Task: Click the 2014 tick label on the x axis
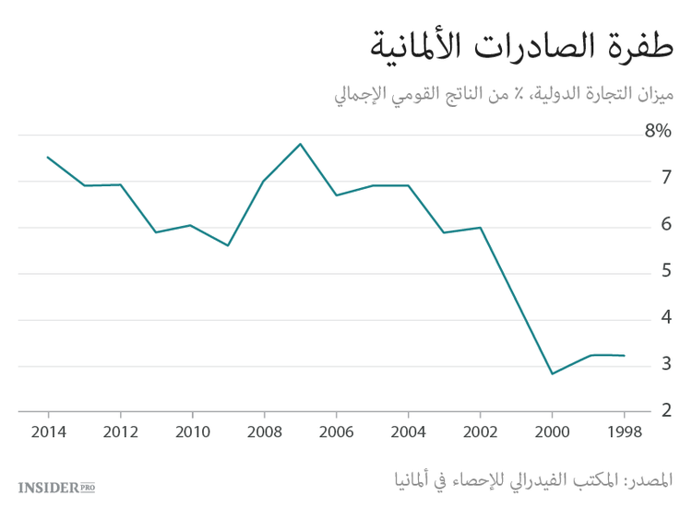click(x=48, y=432)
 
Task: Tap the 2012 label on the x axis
click(x=120, y=432)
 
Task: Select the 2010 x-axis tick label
click(x=192, y=432)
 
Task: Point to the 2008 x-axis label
click(x=264, y=432)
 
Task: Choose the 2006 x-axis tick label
click(x=336, y=432)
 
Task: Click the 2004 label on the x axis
click(x=408, y=432)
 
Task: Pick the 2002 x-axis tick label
click(x=480, y=432)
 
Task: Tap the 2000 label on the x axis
click(x=552, y=432)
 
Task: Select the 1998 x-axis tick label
click(x=624, y=432)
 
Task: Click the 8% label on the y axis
click(x=657, y=132)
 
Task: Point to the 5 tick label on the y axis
click(x=665, y=272)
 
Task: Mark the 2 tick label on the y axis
click(x=665, y=410)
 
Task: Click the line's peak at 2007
click(x=300, y=144)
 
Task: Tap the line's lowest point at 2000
click(x=552, y=373)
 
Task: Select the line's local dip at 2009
click(x=228, y=245)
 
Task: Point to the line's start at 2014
click(x=48, y=157)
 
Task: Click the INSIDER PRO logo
click(x=56, y=486)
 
